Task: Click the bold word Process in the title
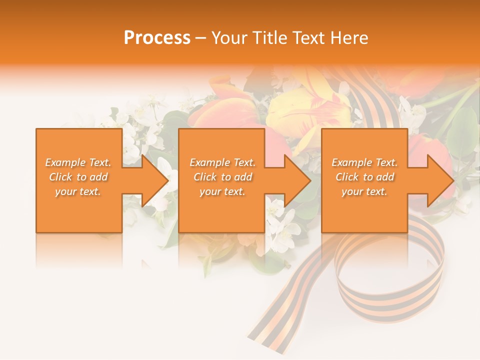(x=157, y=38)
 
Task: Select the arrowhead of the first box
(x=154, y=180)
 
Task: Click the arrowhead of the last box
(x=440, y=180)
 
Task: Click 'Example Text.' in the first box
(x=78, y=162)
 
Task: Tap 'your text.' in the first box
(x=78, y=191)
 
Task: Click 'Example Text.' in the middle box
(x=222, y=162)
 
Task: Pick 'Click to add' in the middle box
(x=222, y=177)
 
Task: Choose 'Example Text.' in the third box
(x=364, y=162)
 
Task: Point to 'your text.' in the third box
(x=364, y=191)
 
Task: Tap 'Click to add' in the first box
(x=78, y=177)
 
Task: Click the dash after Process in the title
(x=201, y=38)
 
